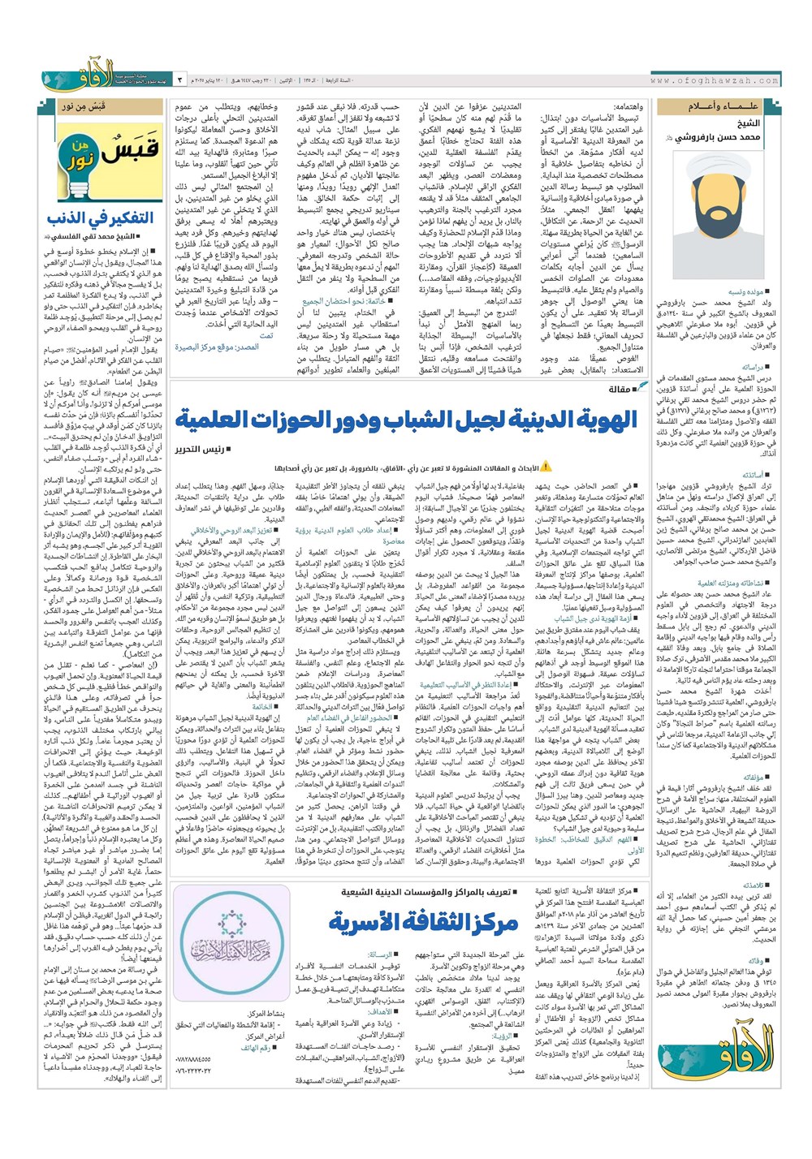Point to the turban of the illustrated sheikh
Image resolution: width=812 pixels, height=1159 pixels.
[707, 170]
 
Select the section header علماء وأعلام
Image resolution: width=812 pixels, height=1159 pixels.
[713, 106]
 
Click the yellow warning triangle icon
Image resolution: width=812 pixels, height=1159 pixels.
[546, 467]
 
